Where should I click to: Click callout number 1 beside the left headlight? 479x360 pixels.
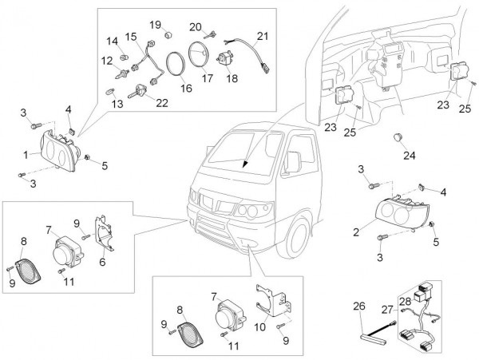click(26, 152)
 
